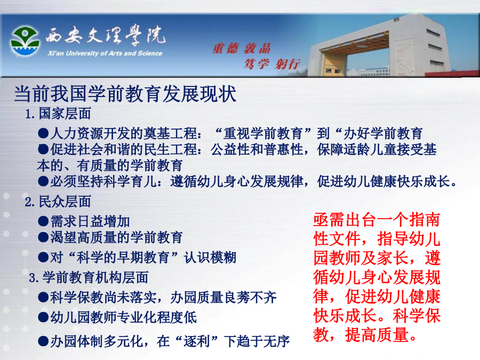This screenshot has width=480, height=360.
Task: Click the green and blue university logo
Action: [x=25, y=41]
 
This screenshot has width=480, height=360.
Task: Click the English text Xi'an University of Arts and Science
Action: [x=105, y=53]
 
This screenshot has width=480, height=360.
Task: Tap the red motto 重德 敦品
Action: [x=242, y=49]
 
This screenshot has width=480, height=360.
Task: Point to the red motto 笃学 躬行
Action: [x=271, y=64]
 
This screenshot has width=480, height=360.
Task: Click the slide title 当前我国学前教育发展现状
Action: [x=125, y=94]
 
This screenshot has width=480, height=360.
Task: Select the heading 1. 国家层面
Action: [x=58, y=114]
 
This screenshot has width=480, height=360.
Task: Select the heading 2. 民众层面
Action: [x=58, y=202]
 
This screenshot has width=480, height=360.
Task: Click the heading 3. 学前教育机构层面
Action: [x=89, y=278]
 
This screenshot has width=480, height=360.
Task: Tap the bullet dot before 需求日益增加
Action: [x=43, y=221]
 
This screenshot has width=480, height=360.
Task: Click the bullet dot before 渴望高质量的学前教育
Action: [x=43, y=237]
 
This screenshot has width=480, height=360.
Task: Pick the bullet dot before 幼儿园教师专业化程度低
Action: [x=43, y=317]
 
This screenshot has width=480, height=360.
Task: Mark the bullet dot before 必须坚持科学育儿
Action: [x=43, y=181]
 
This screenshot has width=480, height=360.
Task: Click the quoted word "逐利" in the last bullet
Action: [x=197, y=341]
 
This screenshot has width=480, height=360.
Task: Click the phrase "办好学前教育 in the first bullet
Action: [x=379, y=133]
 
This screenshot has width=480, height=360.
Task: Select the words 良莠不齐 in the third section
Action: [x=250, y=297]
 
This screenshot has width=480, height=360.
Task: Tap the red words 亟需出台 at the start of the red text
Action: [x=345, y=220]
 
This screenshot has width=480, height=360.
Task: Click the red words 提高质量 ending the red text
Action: [x=377, y=334]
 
